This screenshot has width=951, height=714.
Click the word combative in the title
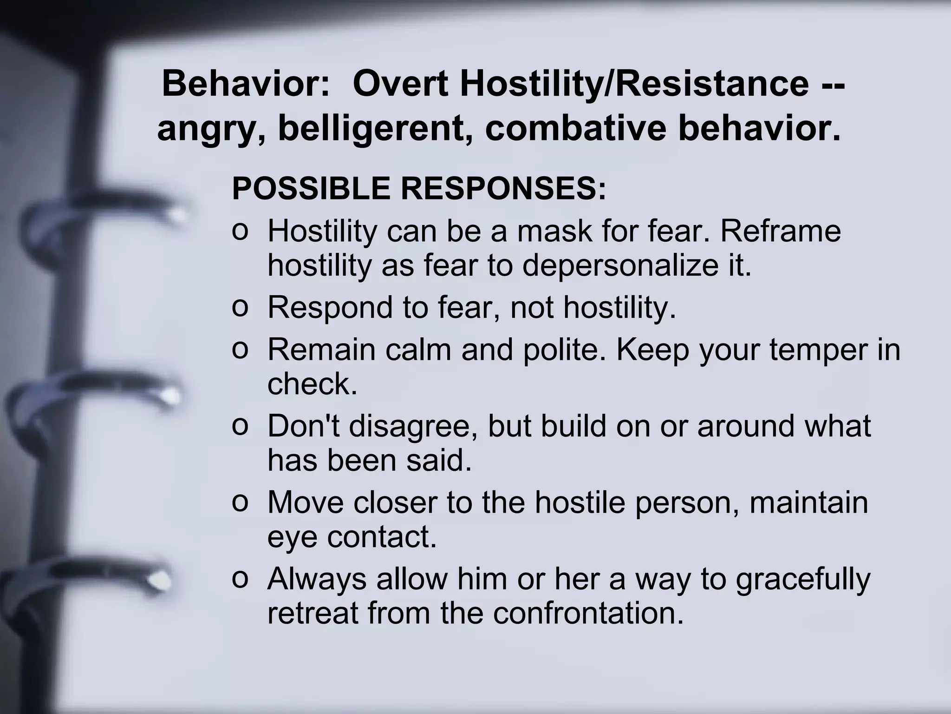point(575,129)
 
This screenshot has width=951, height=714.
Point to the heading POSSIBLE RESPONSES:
point(419,188)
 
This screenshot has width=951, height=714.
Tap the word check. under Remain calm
point(313,384)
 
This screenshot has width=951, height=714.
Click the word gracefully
point(803,579)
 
